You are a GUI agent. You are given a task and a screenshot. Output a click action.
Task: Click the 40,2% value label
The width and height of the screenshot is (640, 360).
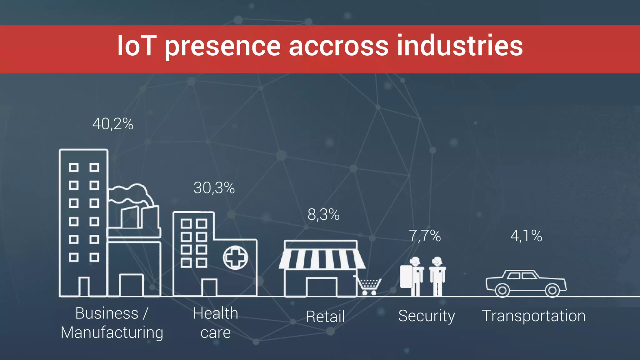click(x=113, y=124)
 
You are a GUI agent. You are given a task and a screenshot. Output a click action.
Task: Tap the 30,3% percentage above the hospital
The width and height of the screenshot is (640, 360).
click(x=214, y=188)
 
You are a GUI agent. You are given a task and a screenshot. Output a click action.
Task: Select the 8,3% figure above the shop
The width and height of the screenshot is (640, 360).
click(x=323, y=215)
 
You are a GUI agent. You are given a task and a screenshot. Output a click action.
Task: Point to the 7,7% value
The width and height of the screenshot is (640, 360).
click(x=425, y=236)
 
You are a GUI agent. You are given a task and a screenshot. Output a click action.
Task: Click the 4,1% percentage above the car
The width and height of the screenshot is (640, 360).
click(x=526, y=236)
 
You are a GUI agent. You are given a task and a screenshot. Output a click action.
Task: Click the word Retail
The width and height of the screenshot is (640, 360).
click(x=325, y=317)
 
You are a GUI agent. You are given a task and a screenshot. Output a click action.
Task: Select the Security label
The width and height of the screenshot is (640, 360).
click(x=427, y=316)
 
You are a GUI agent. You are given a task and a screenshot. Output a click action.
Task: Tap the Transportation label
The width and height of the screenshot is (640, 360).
click(x=534, y=316)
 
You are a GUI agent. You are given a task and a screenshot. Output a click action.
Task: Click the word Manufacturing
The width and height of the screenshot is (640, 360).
click(x=112, y=332)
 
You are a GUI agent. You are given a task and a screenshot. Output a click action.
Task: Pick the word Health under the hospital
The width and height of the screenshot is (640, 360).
click(x=216, y=313)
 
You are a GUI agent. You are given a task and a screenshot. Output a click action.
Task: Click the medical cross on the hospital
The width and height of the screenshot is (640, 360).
click(x=235, y=257)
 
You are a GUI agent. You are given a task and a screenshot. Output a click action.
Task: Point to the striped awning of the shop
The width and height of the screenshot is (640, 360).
click(x=322, y=259)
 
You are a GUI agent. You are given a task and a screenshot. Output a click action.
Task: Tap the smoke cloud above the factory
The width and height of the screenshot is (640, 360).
click(x=131, y=194)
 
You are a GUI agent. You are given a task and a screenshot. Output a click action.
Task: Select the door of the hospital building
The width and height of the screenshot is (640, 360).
click(x=209, y=287)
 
